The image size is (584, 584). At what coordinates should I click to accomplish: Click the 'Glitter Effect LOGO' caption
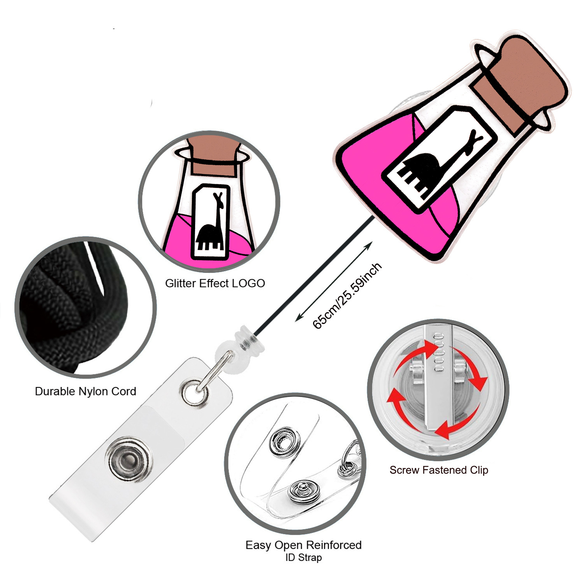215,283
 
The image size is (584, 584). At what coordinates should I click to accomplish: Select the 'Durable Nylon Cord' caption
85,391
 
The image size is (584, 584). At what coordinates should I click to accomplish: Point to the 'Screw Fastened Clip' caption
439,470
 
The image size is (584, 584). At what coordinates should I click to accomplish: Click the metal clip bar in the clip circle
440,382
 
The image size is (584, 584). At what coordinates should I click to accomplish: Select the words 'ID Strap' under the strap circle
304,558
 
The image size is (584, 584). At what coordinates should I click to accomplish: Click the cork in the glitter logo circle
213,156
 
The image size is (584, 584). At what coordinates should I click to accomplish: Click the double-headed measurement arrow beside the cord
334,281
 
